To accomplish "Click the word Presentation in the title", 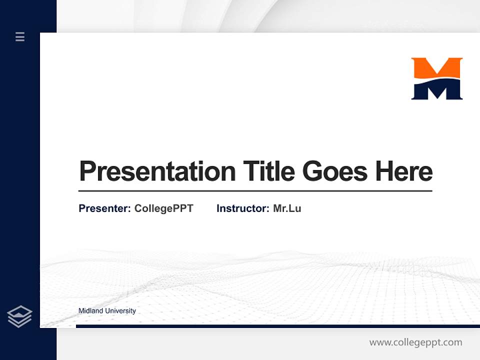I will pos(157,171).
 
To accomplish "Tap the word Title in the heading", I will pos(269,171).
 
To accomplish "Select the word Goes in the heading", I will pos(334,171).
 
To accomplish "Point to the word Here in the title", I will pos(404,171).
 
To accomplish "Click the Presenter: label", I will pos(104,208).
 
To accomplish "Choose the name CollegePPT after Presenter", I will pos(163,208).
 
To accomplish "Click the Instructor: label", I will pos(242,208).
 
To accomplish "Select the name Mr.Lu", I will pos(287,208).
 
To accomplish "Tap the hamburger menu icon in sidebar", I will pos(20,36).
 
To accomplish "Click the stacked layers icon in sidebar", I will pos(19,316).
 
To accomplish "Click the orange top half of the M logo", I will pos(436,67).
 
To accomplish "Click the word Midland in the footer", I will pos(90,311).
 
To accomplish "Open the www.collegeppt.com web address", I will pos(415,342).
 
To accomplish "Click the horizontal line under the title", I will pos(255,190).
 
